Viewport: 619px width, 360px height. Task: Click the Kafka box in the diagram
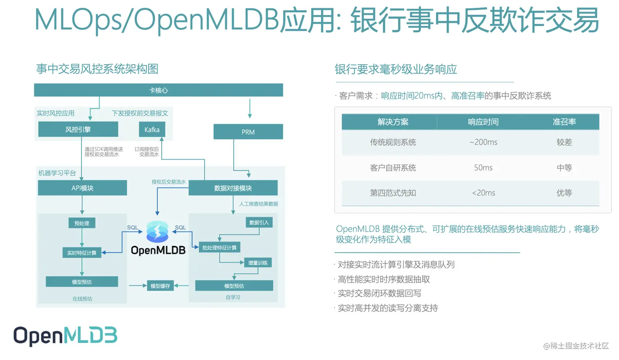pos(152,130)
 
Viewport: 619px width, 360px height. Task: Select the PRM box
pos(248,132)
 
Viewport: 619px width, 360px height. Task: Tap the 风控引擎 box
pos(78,130)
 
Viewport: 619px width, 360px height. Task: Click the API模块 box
pos(82,188)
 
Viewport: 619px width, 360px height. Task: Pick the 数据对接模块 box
pos(233,188)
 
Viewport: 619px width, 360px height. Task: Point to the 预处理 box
pos(82,223)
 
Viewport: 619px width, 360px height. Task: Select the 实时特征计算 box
pos(82,253)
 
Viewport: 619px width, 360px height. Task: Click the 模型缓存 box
pos(160,286)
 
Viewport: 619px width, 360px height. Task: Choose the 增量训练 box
pos(258,263)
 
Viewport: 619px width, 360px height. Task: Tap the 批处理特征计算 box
pos(219,248)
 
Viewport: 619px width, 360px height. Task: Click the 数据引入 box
pos(259,223)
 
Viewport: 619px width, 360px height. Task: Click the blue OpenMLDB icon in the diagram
pos(158,232)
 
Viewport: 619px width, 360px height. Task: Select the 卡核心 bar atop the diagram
pos(158,90)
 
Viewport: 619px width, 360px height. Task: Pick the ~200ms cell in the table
pos(483,142)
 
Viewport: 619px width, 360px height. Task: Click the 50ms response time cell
pos(483,168)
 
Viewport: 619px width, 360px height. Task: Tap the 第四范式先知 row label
pos(393,193)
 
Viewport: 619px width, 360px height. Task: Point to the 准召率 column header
pos(564,122)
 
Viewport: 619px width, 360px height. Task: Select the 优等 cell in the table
pos(564,193)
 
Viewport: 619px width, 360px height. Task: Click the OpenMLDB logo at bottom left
pos(66,336)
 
